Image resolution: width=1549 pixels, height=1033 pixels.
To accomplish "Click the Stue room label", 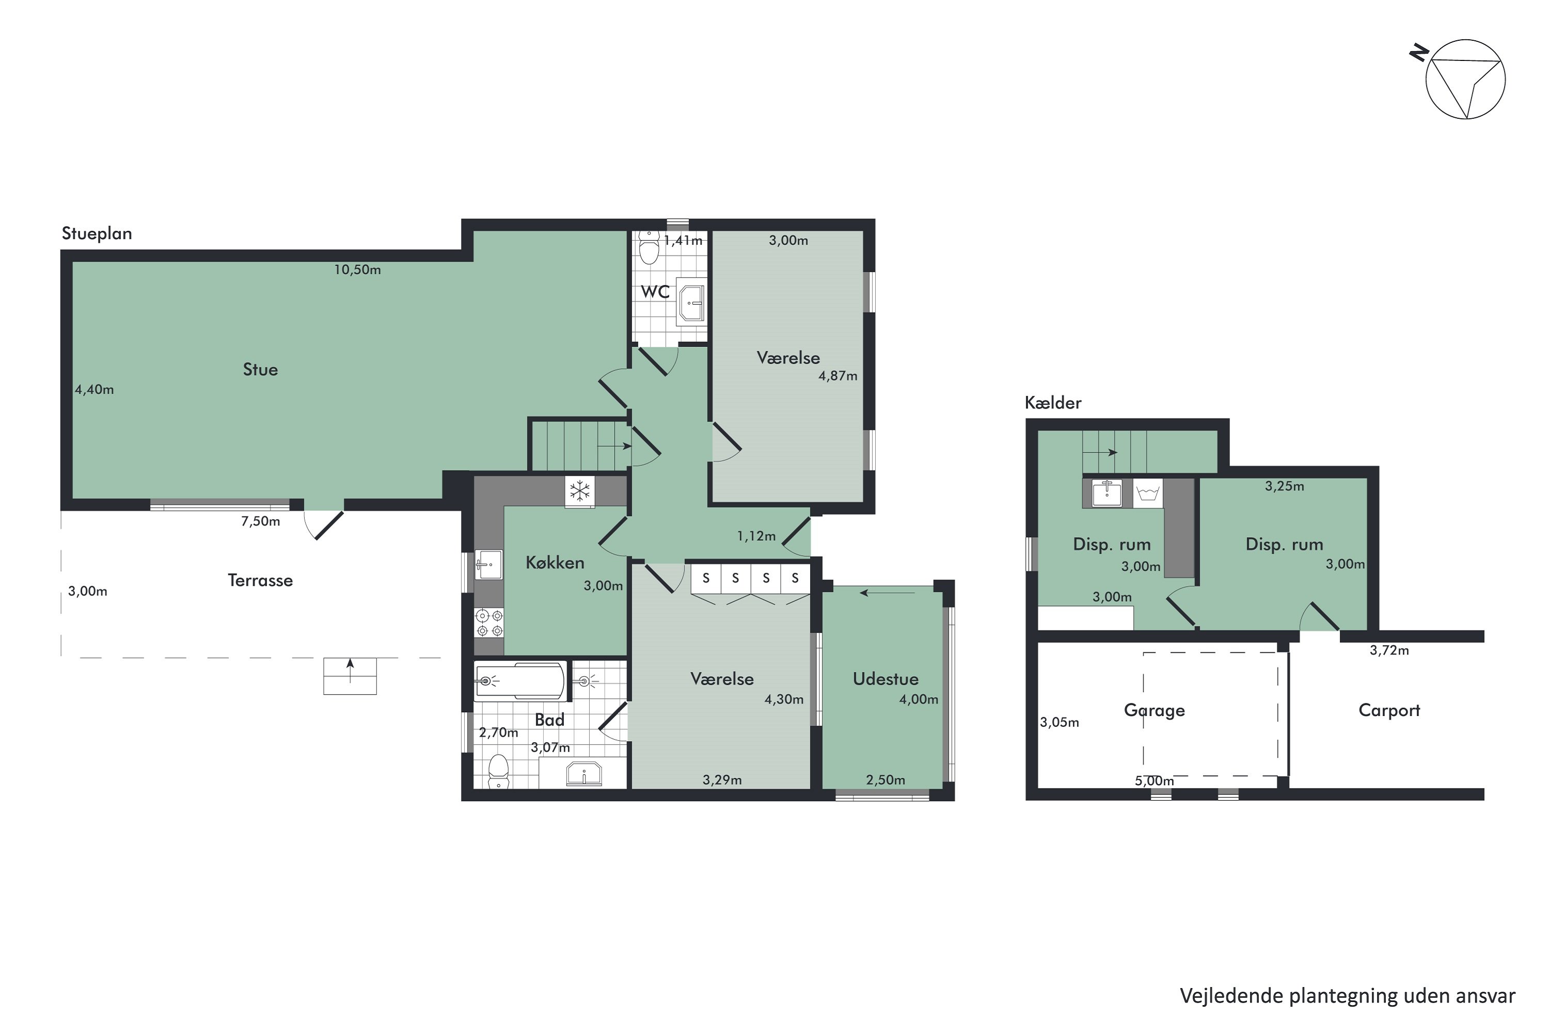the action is click(260, 370).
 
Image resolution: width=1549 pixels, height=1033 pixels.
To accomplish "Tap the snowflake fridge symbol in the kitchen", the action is click(579, 491).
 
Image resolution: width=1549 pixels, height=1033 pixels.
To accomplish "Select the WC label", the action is click(655, 292).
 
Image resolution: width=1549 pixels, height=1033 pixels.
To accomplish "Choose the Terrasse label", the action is click(260, 581).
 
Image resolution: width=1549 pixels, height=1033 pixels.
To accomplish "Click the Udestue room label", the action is click(885, 679).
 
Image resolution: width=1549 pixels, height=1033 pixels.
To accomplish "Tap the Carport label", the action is click(1389, 710).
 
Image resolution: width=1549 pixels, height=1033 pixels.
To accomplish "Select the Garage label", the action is click(1154, 710).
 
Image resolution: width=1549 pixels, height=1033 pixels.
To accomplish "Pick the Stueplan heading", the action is click(97, 234).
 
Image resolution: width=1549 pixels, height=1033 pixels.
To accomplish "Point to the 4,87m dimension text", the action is click(837, 376).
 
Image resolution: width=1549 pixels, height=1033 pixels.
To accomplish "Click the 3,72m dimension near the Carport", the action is click(1389, 650).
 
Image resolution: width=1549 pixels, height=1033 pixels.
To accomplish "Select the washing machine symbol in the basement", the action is click(1147, 493).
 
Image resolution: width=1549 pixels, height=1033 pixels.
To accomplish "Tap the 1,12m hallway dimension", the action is click(756, 536).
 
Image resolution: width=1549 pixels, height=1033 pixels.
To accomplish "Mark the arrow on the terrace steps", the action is click(350, 670).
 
